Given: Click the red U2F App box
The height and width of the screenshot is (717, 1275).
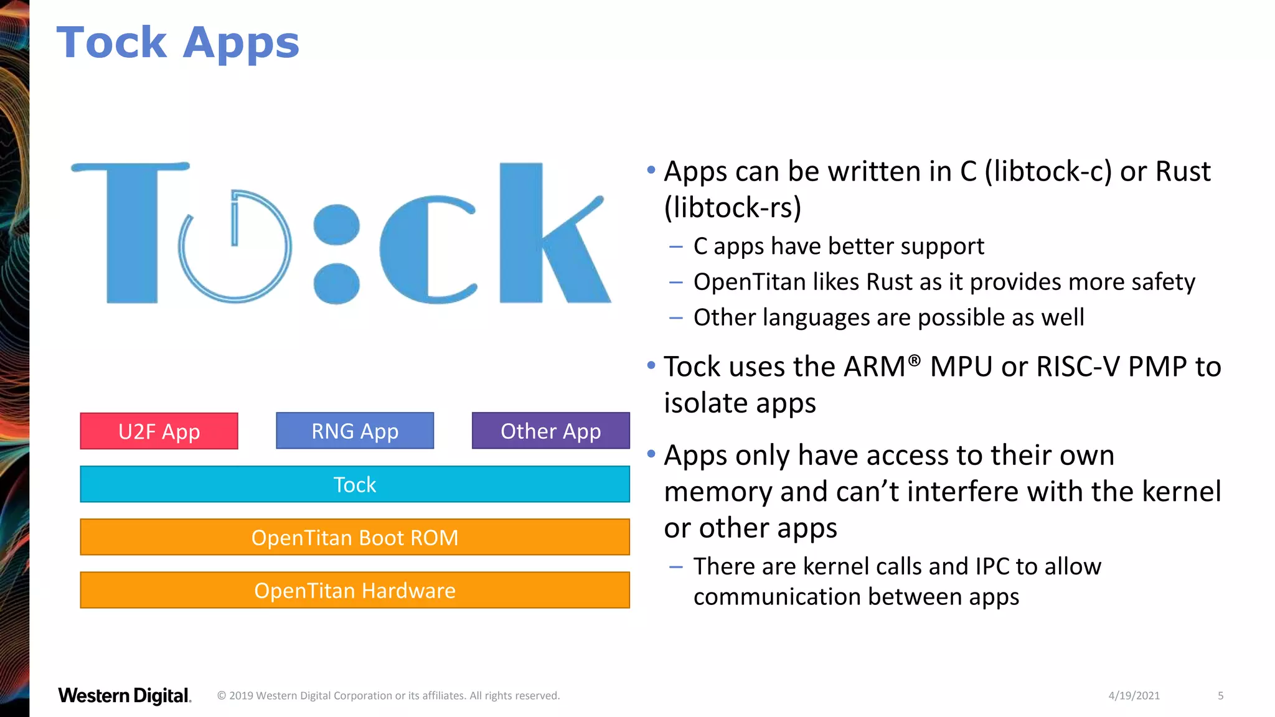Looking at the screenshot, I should click(x=159, y=431).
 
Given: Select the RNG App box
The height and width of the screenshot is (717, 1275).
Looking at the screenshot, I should click(x=355, y=431).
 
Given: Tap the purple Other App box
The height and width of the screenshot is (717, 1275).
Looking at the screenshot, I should click(x=550, y=431).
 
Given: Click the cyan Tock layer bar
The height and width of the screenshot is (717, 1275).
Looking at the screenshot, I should click(x=355, y=484).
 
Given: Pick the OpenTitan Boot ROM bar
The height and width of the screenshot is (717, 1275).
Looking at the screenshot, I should click(x=355, y=537).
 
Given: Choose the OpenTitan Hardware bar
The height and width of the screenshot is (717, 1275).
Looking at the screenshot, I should click(x=355, y=590).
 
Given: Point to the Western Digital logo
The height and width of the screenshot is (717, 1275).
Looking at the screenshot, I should click(x=125, y=695).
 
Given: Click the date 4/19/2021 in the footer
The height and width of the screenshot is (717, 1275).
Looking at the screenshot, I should click(x=1134, y=695).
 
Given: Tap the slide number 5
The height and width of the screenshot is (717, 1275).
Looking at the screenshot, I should click(x=1220, y=695).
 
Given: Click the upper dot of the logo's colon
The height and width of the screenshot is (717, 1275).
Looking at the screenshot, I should click(x=337, y=224).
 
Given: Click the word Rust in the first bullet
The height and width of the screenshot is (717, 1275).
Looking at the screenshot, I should click(x=1182, y=171).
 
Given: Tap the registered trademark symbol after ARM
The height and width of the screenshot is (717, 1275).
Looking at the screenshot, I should click(x=914, y=360).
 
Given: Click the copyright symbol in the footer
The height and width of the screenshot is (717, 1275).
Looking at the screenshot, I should click(x=222, y=696).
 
